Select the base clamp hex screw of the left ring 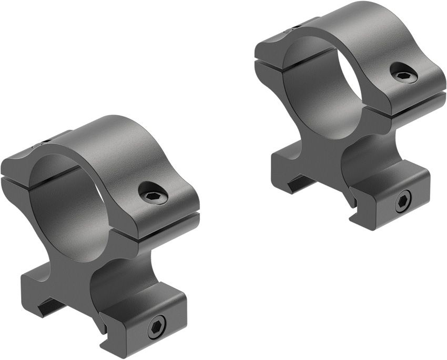click(157, 329)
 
